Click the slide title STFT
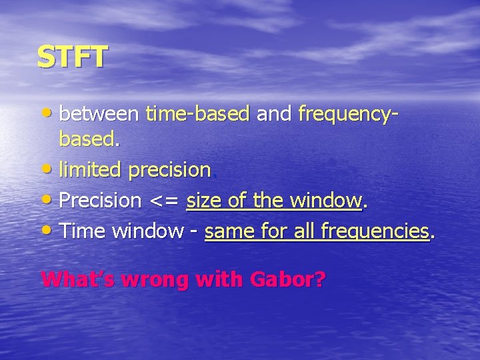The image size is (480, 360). [x=71, y=57]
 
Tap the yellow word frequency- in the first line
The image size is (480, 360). [x=349, y=115]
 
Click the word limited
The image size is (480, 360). [x=91, y=170]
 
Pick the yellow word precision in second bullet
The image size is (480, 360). [x=169, y=171]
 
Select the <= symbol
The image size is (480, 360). [x=164, y=201]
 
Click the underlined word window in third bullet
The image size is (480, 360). [x=325, y=200]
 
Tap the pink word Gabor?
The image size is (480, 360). [x=287, y=279]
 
